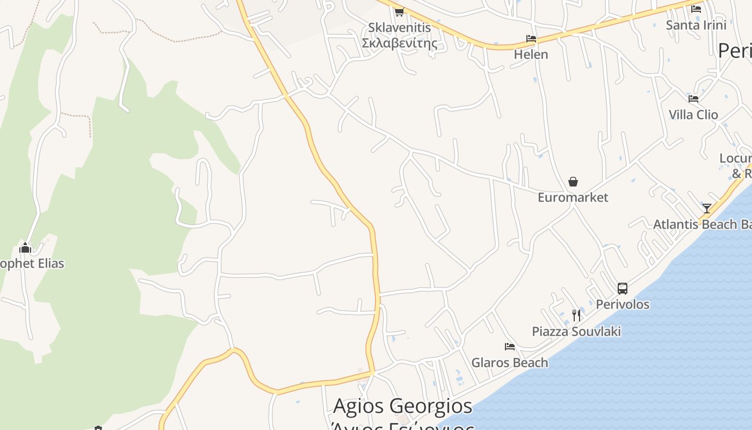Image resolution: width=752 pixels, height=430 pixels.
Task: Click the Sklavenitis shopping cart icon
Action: point(399,12)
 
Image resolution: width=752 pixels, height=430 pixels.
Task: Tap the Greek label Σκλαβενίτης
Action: point(400,43)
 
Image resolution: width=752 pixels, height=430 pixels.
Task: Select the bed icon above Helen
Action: point(531,39)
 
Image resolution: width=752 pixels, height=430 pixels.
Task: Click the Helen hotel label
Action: point(531,54)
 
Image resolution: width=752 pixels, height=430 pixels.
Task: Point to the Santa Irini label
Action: point(696,25)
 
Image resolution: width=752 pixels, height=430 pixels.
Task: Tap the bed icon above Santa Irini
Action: point(696,9)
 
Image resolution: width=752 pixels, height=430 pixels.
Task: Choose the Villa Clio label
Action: point(693,114)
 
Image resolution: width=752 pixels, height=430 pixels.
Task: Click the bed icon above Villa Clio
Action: point(693,99)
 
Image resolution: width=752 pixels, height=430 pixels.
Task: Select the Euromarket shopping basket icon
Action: point(573,182)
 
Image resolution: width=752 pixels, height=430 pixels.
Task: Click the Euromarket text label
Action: point(573,197)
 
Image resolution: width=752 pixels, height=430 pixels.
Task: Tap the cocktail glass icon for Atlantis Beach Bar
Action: point(706,209)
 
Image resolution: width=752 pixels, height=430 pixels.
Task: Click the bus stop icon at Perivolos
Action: point(623,289)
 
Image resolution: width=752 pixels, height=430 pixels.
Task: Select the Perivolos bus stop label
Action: point(623,304)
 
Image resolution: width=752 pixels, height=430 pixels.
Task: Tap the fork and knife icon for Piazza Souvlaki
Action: point(576,316)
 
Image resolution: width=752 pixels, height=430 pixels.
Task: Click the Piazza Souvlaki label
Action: point(576,331)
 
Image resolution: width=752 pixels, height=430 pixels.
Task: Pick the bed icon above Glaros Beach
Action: point(510,347)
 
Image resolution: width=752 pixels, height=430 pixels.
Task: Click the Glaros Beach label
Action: point(510,363)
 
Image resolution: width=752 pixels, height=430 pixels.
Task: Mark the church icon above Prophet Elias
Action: point(25,248)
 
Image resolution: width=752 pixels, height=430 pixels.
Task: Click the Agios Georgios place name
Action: point(403,406)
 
